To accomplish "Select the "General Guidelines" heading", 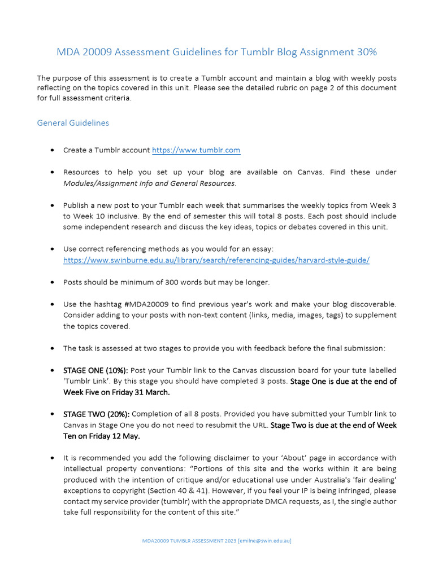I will coord(73,122).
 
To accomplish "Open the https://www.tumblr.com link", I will coord(196,150).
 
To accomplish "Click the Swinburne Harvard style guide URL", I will coord(216,260).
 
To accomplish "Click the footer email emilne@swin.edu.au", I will coord(264,540).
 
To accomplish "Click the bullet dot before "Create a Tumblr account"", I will coord(52,151).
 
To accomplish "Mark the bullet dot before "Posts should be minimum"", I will coord(52,282).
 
